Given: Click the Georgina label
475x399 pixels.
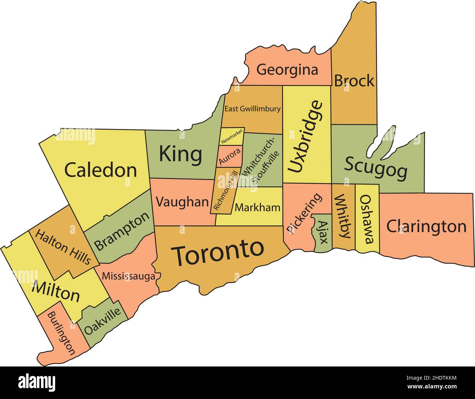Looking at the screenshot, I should coord(287,69).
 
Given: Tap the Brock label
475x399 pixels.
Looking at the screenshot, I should coord(354,81).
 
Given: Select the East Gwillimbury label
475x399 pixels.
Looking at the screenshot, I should coord(252,109).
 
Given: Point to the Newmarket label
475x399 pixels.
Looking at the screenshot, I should coord(232,137).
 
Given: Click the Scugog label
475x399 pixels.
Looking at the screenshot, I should coord(376,168).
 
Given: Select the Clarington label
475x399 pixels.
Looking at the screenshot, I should coord(426,227).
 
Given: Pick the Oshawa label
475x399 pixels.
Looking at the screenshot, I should coord(367,219).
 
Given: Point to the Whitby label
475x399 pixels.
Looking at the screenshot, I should coord(343,216).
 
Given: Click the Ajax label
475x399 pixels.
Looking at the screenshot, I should coord(322,232).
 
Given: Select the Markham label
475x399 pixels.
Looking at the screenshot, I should coord(258,208).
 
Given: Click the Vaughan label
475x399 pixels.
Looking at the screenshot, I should coord(182,202).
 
